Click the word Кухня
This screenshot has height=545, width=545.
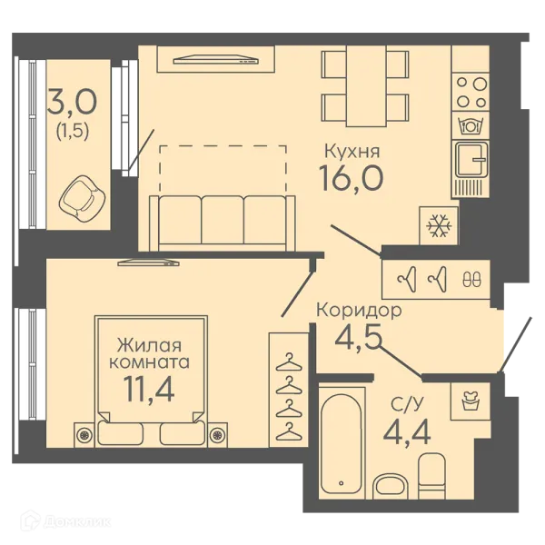point(352,152)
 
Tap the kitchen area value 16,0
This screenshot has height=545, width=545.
point(351,178)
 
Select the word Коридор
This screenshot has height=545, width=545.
point(359,311)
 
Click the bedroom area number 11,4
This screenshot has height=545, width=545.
point(149,389)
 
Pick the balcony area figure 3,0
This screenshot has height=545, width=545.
point(72,102)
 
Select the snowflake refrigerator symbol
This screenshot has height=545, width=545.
point(439,226)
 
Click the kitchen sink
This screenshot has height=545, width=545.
point(471,160)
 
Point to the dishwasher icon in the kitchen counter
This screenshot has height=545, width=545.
point(471,126)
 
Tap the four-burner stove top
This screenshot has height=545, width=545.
point(471,92)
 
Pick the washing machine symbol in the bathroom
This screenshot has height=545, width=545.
point(470,401)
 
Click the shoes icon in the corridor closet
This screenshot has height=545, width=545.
point(472,279)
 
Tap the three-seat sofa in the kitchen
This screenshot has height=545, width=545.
point(223,223)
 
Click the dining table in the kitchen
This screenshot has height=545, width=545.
point(366,86)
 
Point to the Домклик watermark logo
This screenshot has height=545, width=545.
point(65,521)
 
